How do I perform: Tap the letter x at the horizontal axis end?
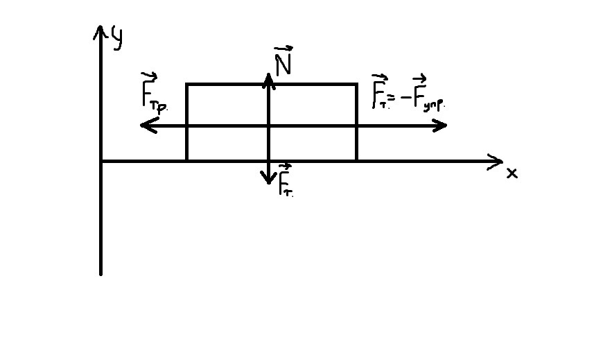pos(512,173)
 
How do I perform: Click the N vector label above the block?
pos(283,62)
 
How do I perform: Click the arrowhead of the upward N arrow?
pos(269,76)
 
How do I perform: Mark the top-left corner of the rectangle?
pos(186,85)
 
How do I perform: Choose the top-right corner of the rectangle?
pos(357,85)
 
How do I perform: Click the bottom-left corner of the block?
pos(186,161)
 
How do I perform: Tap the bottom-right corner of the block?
pos(357,161)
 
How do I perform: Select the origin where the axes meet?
pos(101,161)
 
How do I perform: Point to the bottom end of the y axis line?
pos(101,273)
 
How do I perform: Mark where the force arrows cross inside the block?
pos(269,126)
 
